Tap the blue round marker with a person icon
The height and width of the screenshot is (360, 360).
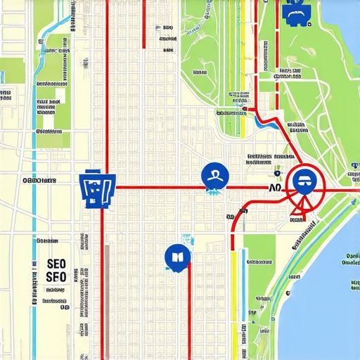click(214, 176)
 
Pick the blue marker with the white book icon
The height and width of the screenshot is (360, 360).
click(176, 257)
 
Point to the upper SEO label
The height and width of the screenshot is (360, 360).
click(56, 264)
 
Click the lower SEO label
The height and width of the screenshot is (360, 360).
click(56, 276)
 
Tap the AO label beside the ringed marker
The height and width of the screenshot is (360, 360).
click(275, 188)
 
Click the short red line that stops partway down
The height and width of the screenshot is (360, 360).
click(143, 25)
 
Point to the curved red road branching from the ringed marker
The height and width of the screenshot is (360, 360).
click(239, 214)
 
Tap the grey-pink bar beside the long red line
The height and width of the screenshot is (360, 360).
click(106, 295)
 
